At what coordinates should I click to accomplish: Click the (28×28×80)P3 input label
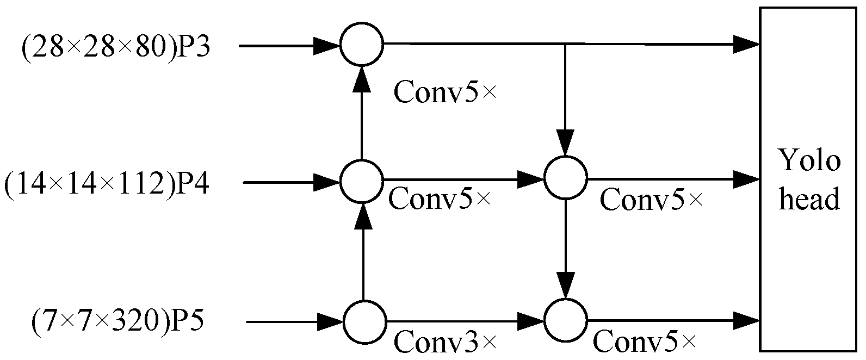click(x=115, y=47)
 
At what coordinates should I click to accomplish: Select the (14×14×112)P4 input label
click(x=107, y=183)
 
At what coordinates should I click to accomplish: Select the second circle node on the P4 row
click(x=566, y=177)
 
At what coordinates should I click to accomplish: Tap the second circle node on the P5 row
click(x=566, y=321)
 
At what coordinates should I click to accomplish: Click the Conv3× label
click(x=445, y=342)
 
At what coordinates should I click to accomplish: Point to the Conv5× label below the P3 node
click(x=445, y=92)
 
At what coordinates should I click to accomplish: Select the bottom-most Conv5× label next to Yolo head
click(x=644, y=342)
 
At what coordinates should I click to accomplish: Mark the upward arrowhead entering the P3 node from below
click(x=362, y=79)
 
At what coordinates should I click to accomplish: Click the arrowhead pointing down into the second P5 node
click(x=566, y=285)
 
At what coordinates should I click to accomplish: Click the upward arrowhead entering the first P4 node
click(x=362, y=216)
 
